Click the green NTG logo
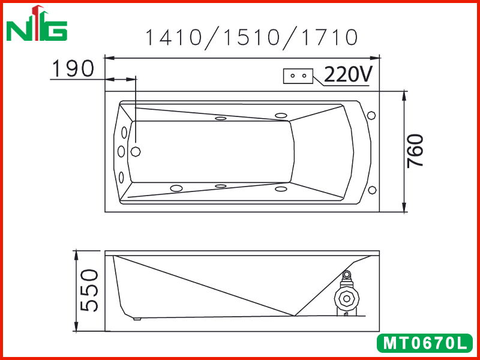[37, 24]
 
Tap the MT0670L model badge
[425, 343]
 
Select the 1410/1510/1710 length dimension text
[251, 38]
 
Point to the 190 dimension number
[73, 68]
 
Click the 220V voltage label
[349, 74]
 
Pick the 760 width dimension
[415, 151]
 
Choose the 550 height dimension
[89, 290]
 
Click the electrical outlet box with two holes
[298, 76]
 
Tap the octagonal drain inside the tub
[136, 151]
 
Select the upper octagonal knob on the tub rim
[371, 115]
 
